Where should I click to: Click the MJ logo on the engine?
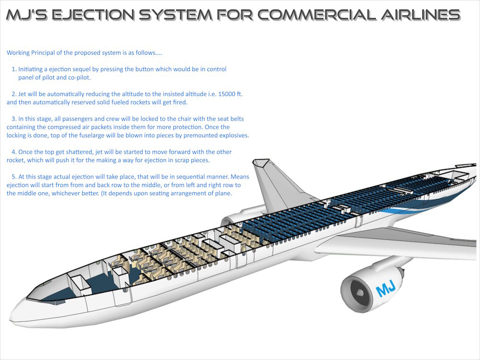385,290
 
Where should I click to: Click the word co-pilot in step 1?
90,77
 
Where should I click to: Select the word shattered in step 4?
79,152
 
